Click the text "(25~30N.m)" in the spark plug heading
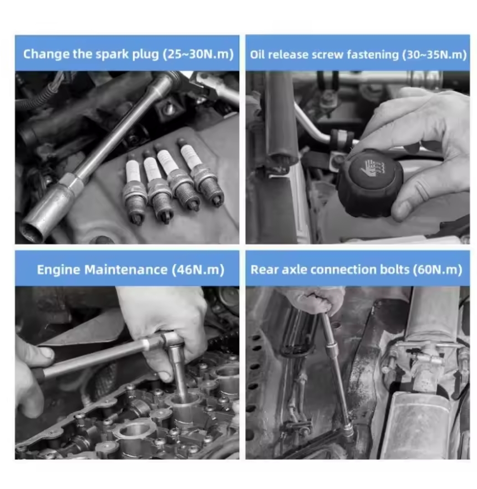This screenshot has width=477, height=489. [198, 54]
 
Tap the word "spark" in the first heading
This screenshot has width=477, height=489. [112, 55]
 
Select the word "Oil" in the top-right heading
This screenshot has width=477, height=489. [257, 55]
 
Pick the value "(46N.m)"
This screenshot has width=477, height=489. [198, 270]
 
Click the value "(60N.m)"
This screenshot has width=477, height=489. [437, 270]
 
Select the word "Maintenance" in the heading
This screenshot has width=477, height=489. [126, 270]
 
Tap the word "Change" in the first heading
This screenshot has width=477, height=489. [46, 55]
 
